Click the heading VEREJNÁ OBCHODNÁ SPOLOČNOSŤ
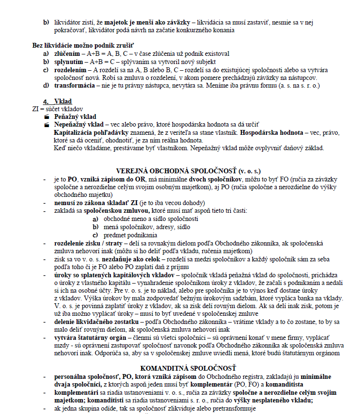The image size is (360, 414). point(189,170)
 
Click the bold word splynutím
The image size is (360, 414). point(69,62)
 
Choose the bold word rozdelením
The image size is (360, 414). point(70,70)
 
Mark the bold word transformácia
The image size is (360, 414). point(74,86)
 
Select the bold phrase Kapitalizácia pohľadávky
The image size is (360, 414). point(95,132)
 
